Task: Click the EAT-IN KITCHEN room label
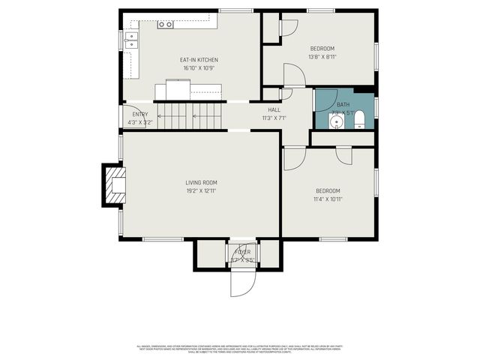199,60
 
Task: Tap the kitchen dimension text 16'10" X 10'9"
199,68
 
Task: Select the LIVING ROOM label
201,182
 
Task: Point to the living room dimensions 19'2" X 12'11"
201,190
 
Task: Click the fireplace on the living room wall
115,184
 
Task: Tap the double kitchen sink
132,40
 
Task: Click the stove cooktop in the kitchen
165,25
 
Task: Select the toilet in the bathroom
358,120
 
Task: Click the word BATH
343,104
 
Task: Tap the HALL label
274,109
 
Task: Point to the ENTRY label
140,114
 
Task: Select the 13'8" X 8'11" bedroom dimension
322,56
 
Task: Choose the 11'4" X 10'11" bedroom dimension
328,199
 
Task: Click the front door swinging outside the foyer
243,281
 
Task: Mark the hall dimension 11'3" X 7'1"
274,118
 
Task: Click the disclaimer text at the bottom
240,349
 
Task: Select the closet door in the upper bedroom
288,26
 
